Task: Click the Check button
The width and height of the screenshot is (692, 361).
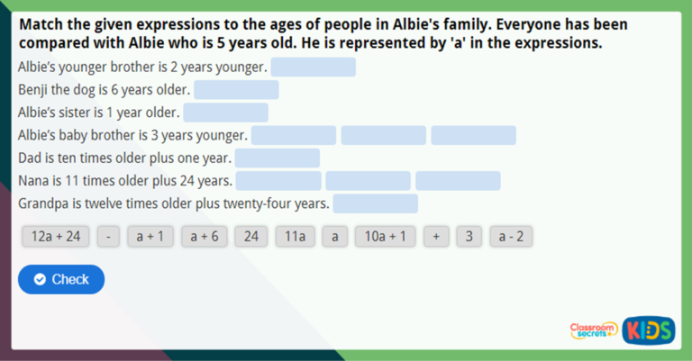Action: (x=61, y=279)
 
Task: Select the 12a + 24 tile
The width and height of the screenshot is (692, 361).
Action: (x=56, y=237)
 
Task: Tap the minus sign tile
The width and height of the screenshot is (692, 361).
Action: (x=108, y=237)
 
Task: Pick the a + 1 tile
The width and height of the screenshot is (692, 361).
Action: (x=150, y=237)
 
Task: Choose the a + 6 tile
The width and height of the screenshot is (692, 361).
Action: (x=204, y=237)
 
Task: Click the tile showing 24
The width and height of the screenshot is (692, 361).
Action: (x=251, y=237)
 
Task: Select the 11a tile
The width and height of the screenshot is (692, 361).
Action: (x=296, y=237)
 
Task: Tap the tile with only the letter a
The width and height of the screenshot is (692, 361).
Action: (x=334, y=237)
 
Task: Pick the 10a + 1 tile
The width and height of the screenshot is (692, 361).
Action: (x=385, y=237)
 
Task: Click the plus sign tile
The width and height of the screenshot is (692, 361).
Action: (x=436, y=237)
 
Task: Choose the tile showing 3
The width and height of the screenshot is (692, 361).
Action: (x=469, y=237)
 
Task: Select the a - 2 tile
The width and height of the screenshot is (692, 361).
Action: (x=512, y=237)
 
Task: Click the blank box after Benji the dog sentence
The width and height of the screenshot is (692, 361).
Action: (x=236, y=90)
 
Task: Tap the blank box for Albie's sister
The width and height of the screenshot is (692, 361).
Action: (x=225, y=113)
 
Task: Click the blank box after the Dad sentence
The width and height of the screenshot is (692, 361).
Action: (x=278, y=158)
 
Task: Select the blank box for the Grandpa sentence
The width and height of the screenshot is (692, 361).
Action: (x=376, y=203)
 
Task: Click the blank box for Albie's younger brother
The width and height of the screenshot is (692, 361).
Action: (x=314, y=68)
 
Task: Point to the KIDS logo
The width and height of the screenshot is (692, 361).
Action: (x=649, y=330)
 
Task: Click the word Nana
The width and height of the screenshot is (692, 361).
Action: (x=33, y=181)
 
